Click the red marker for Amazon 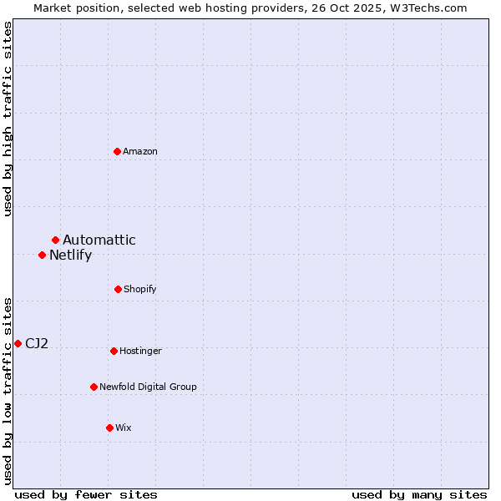[118, 151]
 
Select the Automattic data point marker [56, 240]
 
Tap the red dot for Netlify [42, 255]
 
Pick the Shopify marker [118, 289]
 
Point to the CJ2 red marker [18, 343]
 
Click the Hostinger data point [114, 351]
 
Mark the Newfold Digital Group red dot [94, 387]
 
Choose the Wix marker [109, 428]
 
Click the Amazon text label [140, 151]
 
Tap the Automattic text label [99, 240]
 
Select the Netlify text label [70, 256]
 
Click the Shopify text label [140, 289]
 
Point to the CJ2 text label [37, 343]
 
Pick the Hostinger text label [140, 351]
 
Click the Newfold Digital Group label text [148, 387]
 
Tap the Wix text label [124, 428]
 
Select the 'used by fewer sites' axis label [86, 494]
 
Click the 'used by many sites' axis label [419, 494]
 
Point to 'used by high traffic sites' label [8, 119]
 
